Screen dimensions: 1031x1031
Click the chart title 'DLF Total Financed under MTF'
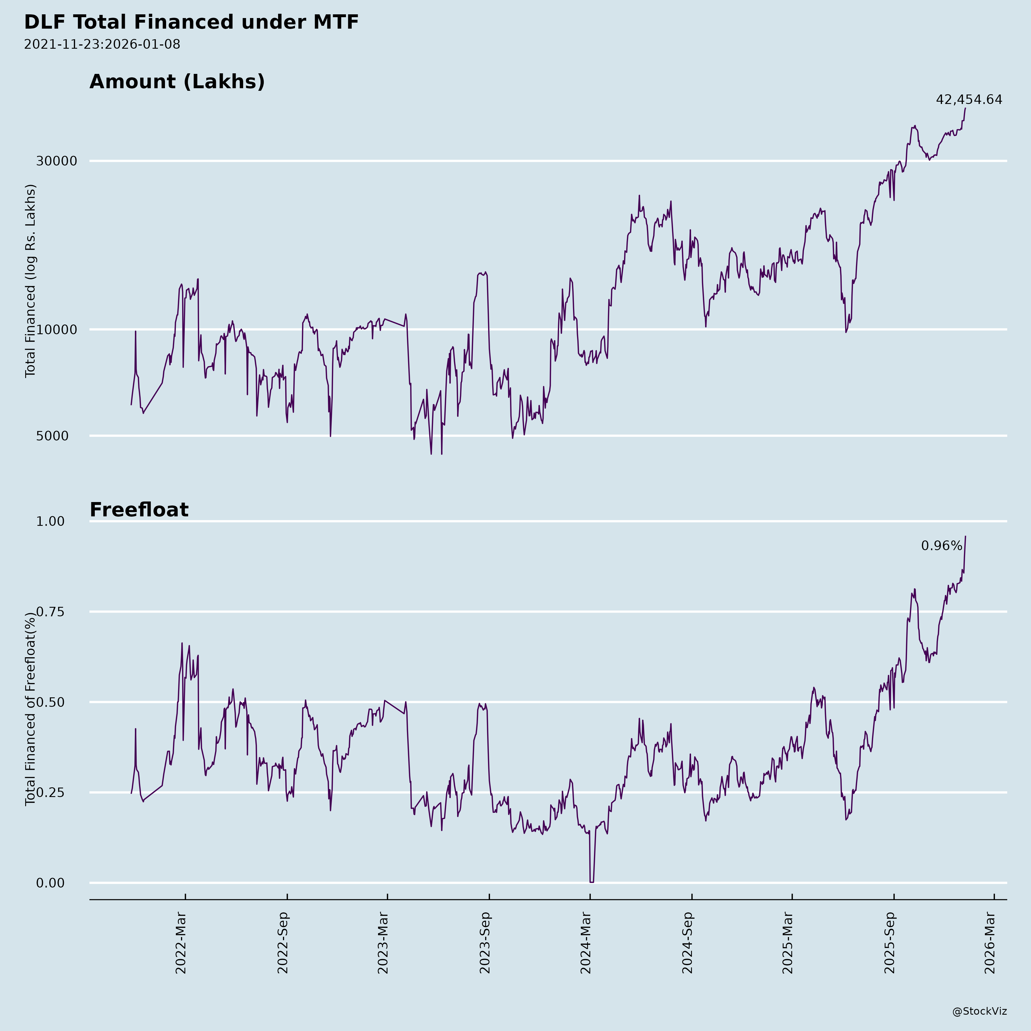[191, 22]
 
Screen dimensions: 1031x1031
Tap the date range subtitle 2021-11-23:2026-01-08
[102, 44]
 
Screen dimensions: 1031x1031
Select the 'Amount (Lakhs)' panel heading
[177, 82]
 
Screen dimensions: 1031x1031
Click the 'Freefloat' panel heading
[139, 510]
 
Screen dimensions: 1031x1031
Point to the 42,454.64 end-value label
[969, 100]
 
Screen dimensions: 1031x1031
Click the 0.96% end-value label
[941, 546]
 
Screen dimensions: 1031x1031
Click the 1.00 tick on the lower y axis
[50, 521]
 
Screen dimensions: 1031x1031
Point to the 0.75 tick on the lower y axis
[50, 611]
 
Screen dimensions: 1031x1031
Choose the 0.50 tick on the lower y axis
[50, 702]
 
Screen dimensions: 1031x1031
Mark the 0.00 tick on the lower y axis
[50, 883]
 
